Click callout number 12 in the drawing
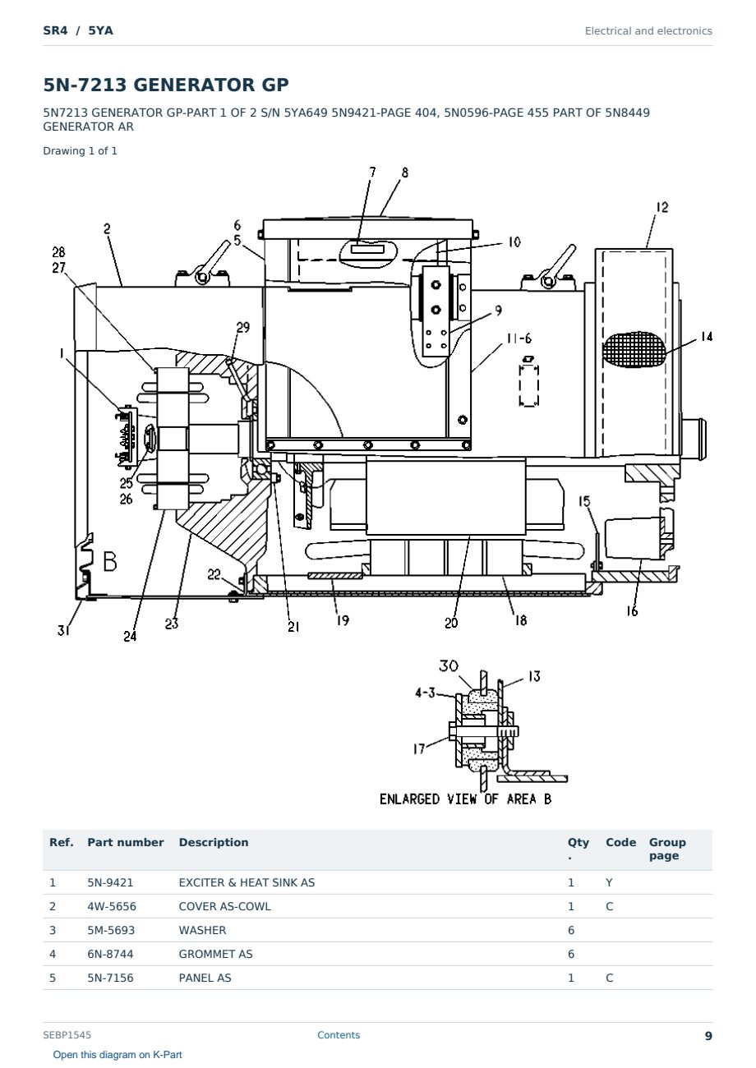click(662, 207)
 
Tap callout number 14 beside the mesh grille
click(707, 337)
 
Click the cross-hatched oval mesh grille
click(634, 349)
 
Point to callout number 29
click(242, 327)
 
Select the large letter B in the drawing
click(110, 561)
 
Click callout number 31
click(63, 630)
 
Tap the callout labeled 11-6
click(519, 338)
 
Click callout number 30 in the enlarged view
click(449, 665)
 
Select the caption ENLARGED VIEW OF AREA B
click(465, 799)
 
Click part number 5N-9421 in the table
click(110, 882)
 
